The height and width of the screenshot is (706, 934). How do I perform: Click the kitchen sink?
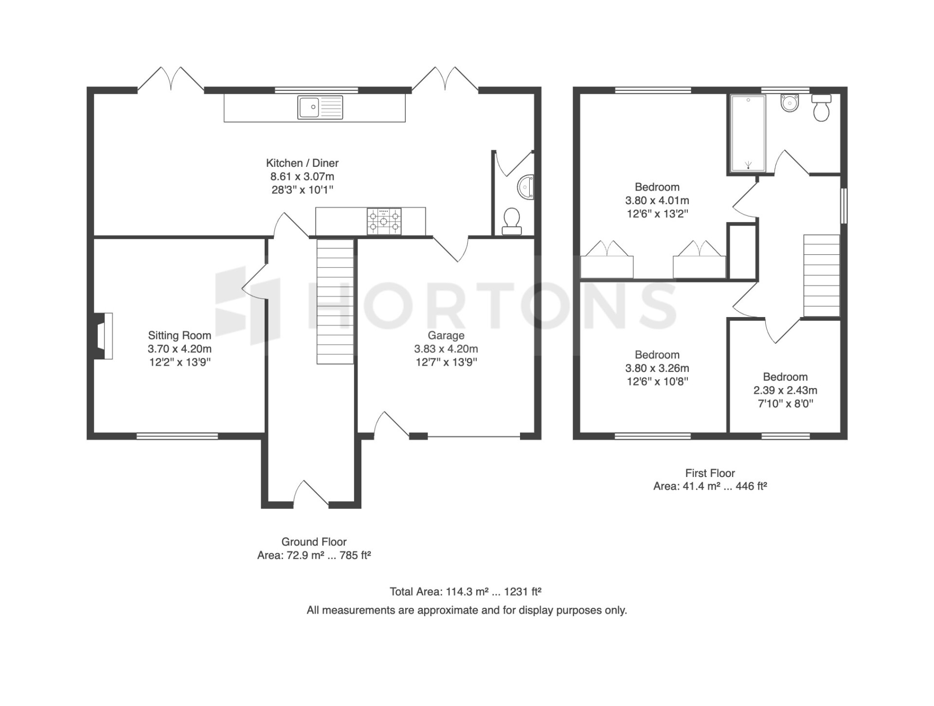(x=320, y=107)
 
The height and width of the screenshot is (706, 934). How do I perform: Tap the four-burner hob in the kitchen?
(x=384, y=221)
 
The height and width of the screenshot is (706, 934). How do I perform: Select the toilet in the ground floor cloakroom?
(x=511, y=222)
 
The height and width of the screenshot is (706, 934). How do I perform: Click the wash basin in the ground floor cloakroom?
(x=526, y=187)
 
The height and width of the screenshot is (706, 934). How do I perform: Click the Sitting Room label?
(x=180, y=335)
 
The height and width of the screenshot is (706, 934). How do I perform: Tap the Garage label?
(x=446, y=335)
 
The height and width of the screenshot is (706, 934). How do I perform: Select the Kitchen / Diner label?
(x=302, y=163)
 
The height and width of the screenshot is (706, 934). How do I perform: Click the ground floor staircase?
(x=335, y=301)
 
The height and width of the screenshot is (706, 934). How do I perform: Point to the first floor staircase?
(x=822, y=276)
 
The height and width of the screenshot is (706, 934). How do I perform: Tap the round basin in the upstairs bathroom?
(x=790, y=103)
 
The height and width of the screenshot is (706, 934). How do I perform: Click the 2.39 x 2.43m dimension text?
(x=785, y=390)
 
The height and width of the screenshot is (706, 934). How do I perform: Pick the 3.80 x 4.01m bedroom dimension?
(x=657, y=200)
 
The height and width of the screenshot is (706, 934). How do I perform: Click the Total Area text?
(x=466, y=592)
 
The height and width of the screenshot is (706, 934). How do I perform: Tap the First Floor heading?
(x=710, y=473)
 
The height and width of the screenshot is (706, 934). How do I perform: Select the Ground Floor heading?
(x=314, y=542)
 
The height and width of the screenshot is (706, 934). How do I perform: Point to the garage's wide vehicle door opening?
(x=474, y=436)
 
